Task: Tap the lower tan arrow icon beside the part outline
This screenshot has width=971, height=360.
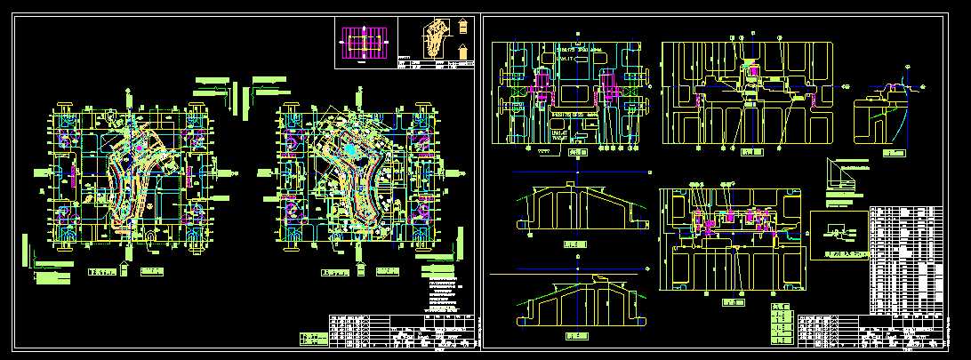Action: [463, 51]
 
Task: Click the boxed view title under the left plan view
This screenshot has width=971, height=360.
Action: [104, 273]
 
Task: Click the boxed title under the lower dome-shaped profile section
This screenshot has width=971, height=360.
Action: [578, 337]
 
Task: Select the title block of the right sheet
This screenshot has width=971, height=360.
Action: [898, 331]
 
